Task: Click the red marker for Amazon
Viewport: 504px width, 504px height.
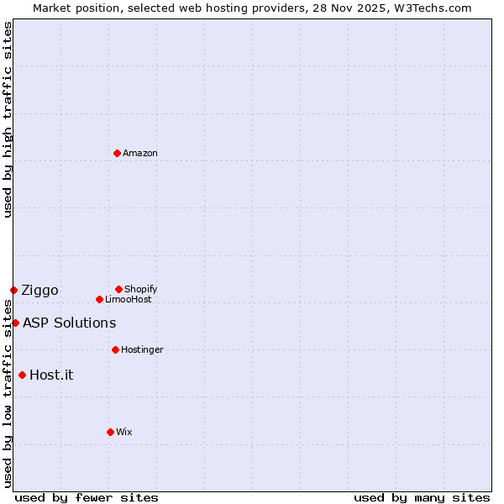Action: point(118,153)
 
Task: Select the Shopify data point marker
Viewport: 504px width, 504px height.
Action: point(118,289)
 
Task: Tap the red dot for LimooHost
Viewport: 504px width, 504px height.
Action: point(99,299)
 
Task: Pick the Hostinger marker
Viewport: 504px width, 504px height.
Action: point(115,349)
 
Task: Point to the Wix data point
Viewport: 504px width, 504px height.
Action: point(110,432)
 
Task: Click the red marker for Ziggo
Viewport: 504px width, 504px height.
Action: point(13,290)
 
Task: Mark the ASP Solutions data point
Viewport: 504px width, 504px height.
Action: point(15,323)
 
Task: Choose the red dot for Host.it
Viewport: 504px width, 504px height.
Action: point(22,375)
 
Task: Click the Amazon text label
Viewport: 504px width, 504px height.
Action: point(140,153)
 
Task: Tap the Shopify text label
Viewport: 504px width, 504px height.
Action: point(141,289)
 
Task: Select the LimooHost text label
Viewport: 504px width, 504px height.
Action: point(129,299)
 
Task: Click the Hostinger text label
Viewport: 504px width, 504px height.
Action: point(142,349)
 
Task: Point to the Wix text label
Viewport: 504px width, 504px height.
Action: point(124,432)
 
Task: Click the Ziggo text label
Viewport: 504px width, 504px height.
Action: point(39,291)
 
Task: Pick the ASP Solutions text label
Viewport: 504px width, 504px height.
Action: point(69,323)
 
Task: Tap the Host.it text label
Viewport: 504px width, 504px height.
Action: point(51,375)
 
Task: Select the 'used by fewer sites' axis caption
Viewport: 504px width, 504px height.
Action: point(87,497)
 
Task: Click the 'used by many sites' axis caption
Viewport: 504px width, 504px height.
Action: point(422,497)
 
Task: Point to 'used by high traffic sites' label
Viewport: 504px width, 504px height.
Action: point(8,119)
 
